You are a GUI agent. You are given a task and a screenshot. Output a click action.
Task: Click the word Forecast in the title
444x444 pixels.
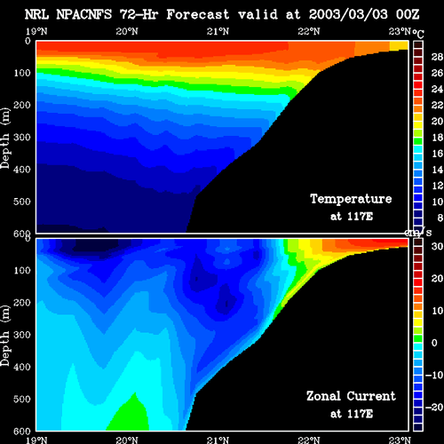198,14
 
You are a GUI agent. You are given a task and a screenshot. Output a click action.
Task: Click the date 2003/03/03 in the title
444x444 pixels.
348,14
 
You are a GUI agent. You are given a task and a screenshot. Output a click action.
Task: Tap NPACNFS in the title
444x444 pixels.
84,14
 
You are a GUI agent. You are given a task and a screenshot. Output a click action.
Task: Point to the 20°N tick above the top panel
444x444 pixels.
127,31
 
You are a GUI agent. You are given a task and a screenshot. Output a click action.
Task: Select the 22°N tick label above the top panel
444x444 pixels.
309,31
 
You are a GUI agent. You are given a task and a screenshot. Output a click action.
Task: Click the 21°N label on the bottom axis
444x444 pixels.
218,440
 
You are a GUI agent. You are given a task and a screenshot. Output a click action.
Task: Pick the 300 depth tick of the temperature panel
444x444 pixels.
22,138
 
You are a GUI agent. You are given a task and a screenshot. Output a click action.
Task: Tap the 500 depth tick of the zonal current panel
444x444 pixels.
22,399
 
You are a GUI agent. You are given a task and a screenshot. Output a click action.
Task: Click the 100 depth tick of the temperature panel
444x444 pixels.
22,73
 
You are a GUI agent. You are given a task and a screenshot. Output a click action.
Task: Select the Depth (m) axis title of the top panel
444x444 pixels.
5,139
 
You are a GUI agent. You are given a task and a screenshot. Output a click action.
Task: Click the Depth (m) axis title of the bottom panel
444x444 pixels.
5,336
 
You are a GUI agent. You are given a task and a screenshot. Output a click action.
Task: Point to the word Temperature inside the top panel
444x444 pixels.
351,199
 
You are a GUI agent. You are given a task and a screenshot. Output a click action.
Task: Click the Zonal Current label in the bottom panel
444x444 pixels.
351,396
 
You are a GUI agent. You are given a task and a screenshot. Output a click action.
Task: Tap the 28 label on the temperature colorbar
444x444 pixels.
437,57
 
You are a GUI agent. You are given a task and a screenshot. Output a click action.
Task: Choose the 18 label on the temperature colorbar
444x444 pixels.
437,137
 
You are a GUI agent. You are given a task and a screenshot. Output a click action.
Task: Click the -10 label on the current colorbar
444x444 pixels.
434,375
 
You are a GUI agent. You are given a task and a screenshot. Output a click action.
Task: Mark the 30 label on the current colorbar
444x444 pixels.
437,246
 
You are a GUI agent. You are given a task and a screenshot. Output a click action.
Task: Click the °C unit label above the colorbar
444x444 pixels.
418,34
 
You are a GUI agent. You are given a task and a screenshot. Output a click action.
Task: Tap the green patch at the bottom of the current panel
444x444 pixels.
130,415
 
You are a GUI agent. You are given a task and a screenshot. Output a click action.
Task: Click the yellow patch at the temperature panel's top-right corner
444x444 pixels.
399,45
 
